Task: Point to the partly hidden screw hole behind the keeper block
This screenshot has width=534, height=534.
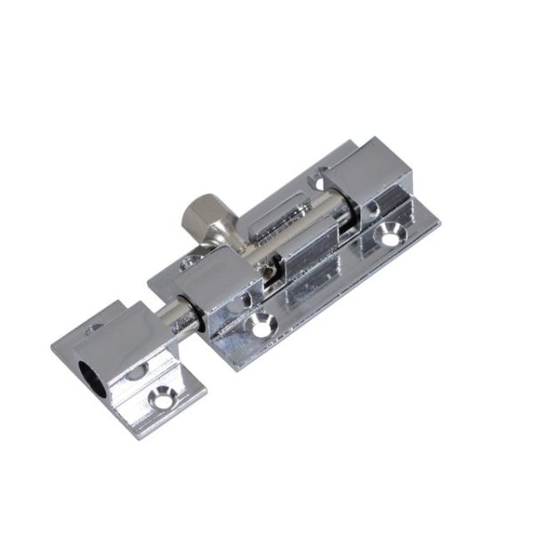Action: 94,328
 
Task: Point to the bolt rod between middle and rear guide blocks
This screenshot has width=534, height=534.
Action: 335,210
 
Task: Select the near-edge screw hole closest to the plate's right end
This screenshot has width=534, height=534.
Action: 390,235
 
